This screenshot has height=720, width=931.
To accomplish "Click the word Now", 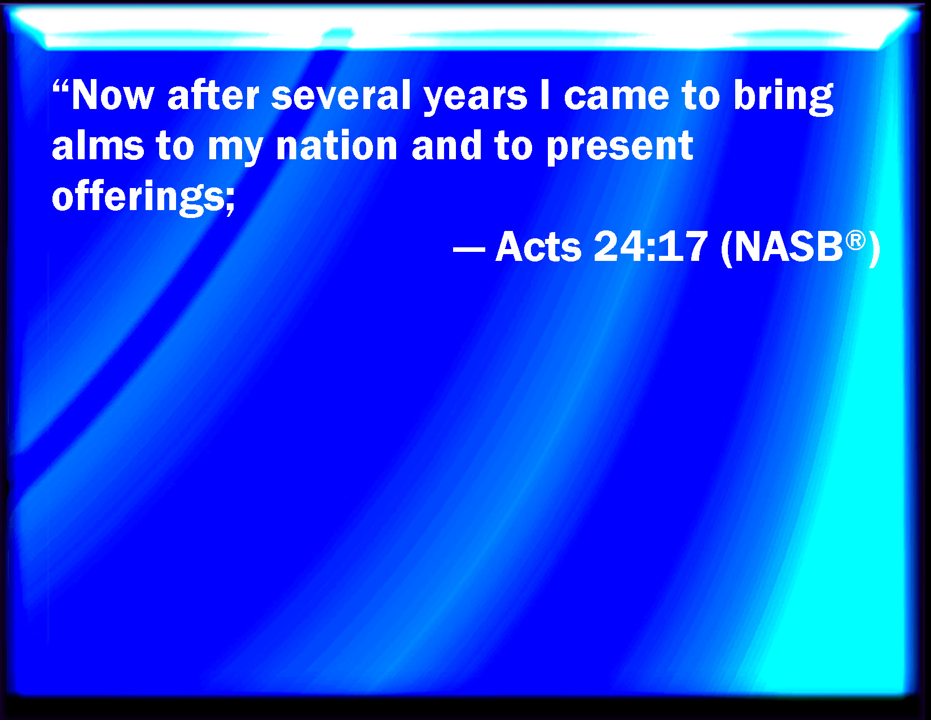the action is tap(112, 95).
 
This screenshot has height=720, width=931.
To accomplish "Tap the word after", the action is tap(213, 95).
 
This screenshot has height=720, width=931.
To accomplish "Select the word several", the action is tap(341, 95).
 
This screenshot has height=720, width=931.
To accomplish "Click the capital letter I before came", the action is tap(545, 95).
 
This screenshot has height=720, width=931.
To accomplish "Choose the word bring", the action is tap(784, 97).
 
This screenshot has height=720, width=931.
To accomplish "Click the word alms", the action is tap(98, 145).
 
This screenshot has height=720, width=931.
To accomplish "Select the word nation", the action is tap(337, 146).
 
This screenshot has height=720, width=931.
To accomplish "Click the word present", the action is tap(620, 149).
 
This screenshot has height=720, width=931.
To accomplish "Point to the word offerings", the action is tap(138, 197).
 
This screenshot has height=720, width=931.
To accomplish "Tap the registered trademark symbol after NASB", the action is tap(856, 240).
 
